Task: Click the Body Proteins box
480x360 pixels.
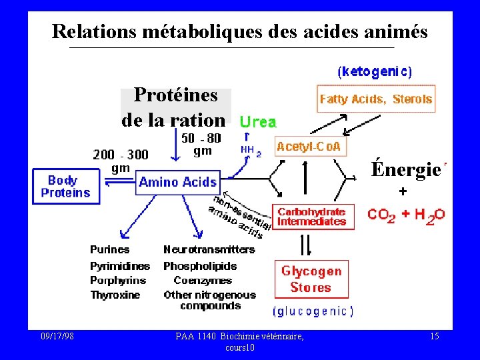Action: click(65, 187)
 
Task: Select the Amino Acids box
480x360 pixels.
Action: click(178, 181)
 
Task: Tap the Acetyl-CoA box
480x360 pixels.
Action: click(311, 146)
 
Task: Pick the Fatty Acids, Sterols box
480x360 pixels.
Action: click(376, 99)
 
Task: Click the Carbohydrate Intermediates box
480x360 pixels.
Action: click(312, 217)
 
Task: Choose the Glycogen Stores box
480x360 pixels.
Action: click(311, 279)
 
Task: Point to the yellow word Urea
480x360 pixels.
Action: click(258, 122)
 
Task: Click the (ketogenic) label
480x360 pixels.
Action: click(375, 71)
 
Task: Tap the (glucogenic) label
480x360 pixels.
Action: click(313, 311)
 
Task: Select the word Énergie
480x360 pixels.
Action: click(405, 170)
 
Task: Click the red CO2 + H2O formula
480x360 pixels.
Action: click(407, 215)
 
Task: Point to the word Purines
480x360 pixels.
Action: click(110, 249)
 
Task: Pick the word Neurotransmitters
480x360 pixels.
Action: click(209, 249)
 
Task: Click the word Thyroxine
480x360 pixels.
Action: click(115, 295)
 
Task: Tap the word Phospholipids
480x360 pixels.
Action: click(206, 265)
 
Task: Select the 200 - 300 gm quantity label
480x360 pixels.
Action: click(121, 161)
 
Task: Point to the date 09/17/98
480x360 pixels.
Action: click(57, 337)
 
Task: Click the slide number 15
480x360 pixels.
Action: click(434, 337)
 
